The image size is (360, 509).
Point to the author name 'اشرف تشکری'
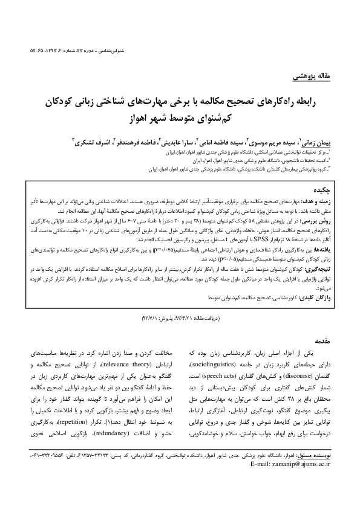coord(93,140)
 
